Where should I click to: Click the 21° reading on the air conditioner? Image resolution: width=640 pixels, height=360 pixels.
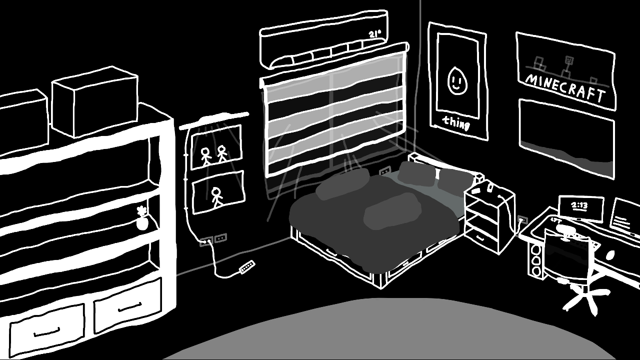tap(374, 34)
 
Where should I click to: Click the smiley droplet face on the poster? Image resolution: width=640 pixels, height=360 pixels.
tap(455, 80)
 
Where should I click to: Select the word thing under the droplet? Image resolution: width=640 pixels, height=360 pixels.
tap(456, 122)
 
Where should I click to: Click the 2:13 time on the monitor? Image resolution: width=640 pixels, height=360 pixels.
tap(579, 205)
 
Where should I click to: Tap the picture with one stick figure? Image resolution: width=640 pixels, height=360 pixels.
tap(218, 192)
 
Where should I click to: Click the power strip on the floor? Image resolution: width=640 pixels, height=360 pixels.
tap(247, 267)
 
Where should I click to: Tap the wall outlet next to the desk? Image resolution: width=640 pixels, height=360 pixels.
tap(522, 220)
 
